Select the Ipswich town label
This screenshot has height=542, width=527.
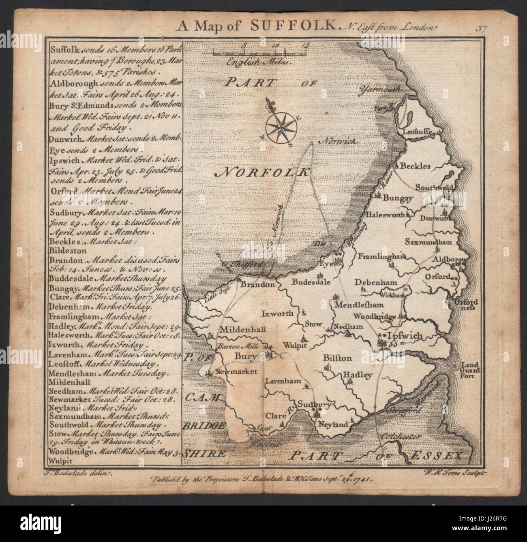[x=405, y=336]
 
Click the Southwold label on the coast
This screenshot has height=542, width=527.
[x=435, y=187]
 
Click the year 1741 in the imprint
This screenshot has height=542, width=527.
[x=361, y=478]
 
